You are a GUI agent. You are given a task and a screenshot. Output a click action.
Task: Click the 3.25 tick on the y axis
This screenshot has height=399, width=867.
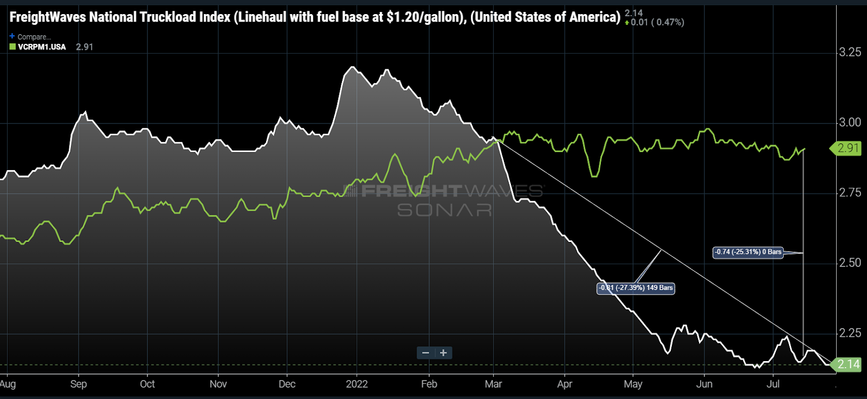tap(850, 52)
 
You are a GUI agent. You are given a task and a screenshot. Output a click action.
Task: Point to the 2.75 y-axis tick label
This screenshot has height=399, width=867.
tap(850, 192)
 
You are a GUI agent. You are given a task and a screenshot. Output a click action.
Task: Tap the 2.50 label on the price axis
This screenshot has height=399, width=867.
tap(850, 263)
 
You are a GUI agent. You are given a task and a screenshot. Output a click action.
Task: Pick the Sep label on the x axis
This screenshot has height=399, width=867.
tap(79, 384)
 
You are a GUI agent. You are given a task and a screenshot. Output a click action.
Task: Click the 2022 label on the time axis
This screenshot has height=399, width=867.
tap(357, 384)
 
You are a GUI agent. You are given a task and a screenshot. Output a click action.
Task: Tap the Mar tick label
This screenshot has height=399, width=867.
tap(493, 384)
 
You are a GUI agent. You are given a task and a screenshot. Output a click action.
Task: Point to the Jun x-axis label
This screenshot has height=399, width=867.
tap(704, 384)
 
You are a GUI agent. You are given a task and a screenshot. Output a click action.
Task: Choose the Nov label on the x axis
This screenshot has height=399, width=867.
tap(218, 384)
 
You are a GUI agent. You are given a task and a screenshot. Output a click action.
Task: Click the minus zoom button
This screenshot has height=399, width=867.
tap(426, 353)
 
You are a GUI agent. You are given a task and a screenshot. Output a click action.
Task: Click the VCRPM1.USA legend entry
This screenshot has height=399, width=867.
tap(42, 47)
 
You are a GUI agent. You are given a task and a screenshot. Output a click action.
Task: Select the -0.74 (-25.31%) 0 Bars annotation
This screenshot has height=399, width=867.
tap(748, 252)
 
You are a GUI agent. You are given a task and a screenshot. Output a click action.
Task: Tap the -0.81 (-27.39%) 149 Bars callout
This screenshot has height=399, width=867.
tap(636, 288)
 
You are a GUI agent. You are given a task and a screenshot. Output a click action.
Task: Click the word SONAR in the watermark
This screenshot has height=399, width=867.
tap(444, 210)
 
